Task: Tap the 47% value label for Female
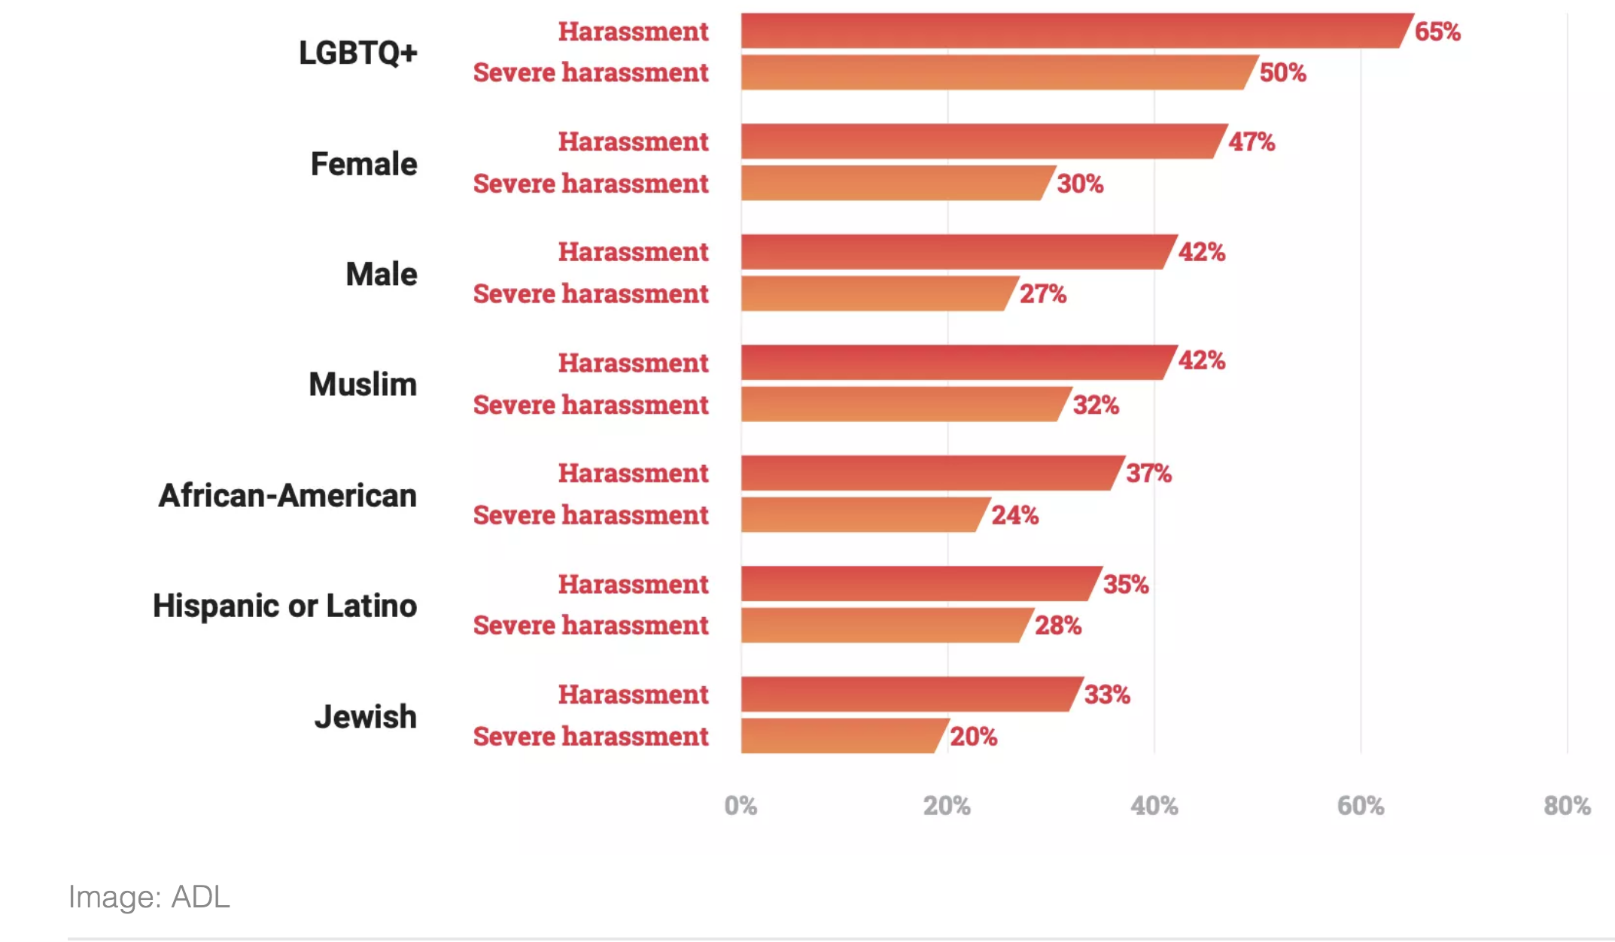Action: point(1251,141)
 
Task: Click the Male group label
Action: point(381,274)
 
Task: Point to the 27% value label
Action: point(1042,293)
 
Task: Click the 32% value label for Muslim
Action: point(1096,405)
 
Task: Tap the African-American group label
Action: point(287,495)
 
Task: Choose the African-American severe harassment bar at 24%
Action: point(862,515)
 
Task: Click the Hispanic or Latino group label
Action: point(284,606)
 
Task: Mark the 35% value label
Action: point(1125,584)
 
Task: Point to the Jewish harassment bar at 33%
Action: point(908,694)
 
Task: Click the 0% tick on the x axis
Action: point(741,806)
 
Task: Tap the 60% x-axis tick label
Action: point(1360,806)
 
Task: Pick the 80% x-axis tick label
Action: point(1567,806)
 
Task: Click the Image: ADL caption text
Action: point(149,897)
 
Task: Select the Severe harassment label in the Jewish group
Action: point(591,736)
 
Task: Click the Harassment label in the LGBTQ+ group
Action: point(633,32)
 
